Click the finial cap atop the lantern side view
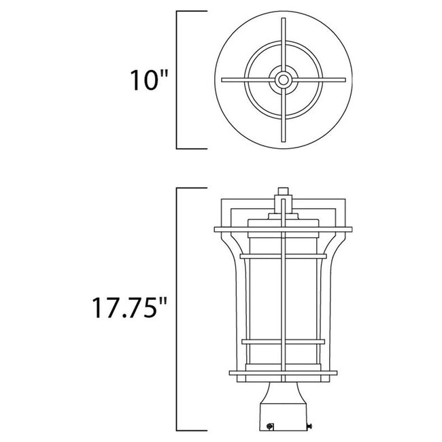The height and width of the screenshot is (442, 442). pos(283,193)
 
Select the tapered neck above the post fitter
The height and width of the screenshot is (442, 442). pos(283,389)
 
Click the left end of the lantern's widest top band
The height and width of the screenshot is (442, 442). pos(216,228)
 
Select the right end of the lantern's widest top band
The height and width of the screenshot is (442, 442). pos(350,228)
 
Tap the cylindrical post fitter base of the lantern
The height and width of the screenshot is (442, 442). pos(283,415)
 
